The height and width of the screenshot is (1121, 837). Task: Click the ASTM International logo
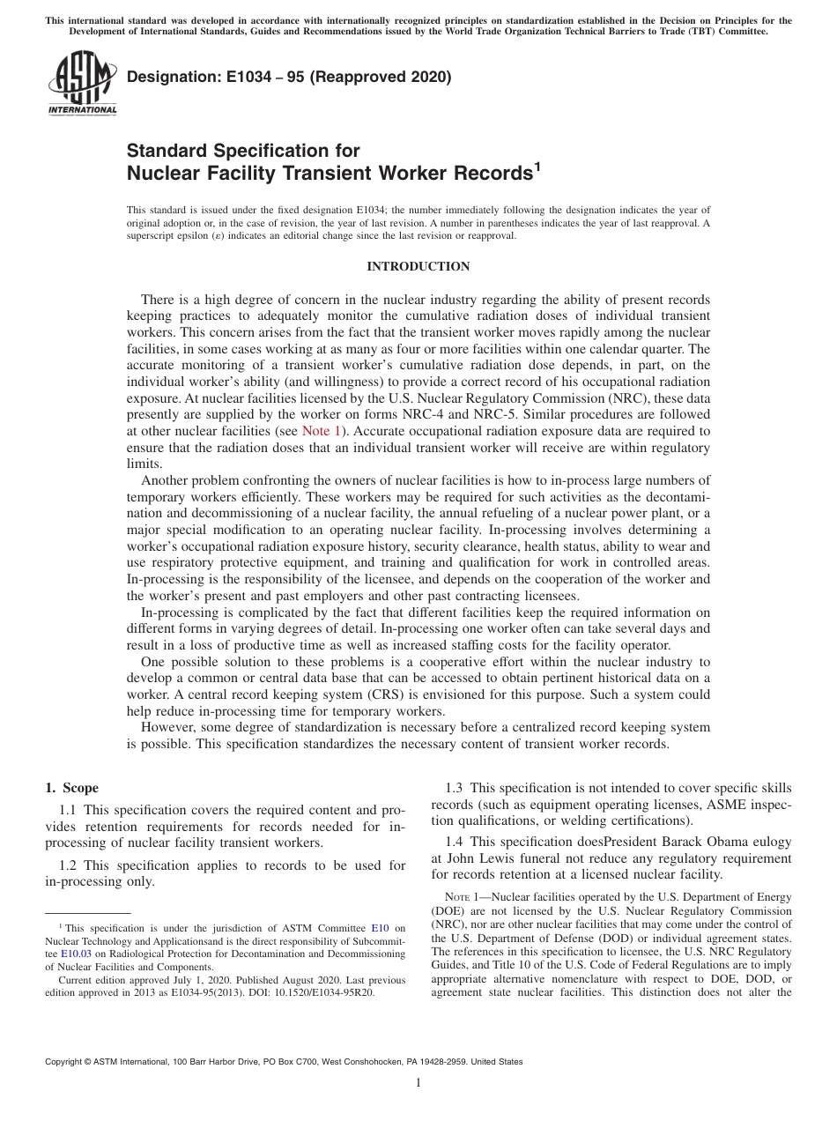[82, 85]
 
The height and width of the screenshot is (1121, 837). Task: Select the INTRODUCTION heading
[418, 266]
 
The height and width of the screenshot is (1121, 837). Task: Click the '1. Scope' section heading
[71, 788]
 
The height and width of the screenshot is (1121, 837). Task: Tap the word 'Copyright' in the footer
[65, 1062]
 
